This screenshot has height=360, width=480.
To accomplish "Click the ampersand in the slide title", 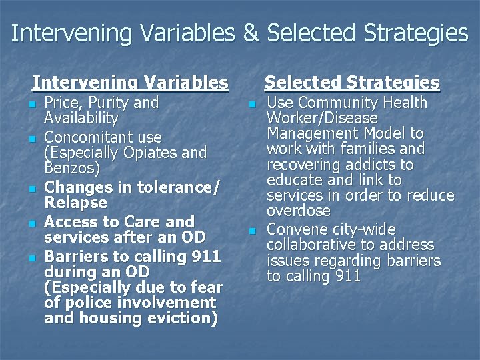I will click(251, 33).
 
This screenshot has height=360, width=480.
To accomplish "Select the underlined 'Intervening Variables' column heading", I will click(130, 83).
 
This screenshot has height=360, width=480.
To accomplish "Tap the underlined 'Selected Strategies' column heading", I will click(352, 83).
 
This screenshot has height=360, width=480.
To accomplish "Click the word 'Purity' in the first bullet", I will click(107, 103).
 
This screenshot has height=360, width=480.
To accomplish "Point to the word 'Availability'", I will click(81, 119).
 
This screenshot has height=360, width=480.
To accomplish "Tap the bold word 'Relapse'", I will click(75, 202).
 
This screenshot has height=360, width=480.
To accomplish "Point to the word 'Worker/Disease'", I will click(321, 119).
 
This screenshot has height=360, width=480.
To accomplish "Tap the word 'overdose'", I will click(298, 211).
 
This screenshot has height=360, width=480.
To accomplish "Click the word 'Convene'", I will click(296, 230).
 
